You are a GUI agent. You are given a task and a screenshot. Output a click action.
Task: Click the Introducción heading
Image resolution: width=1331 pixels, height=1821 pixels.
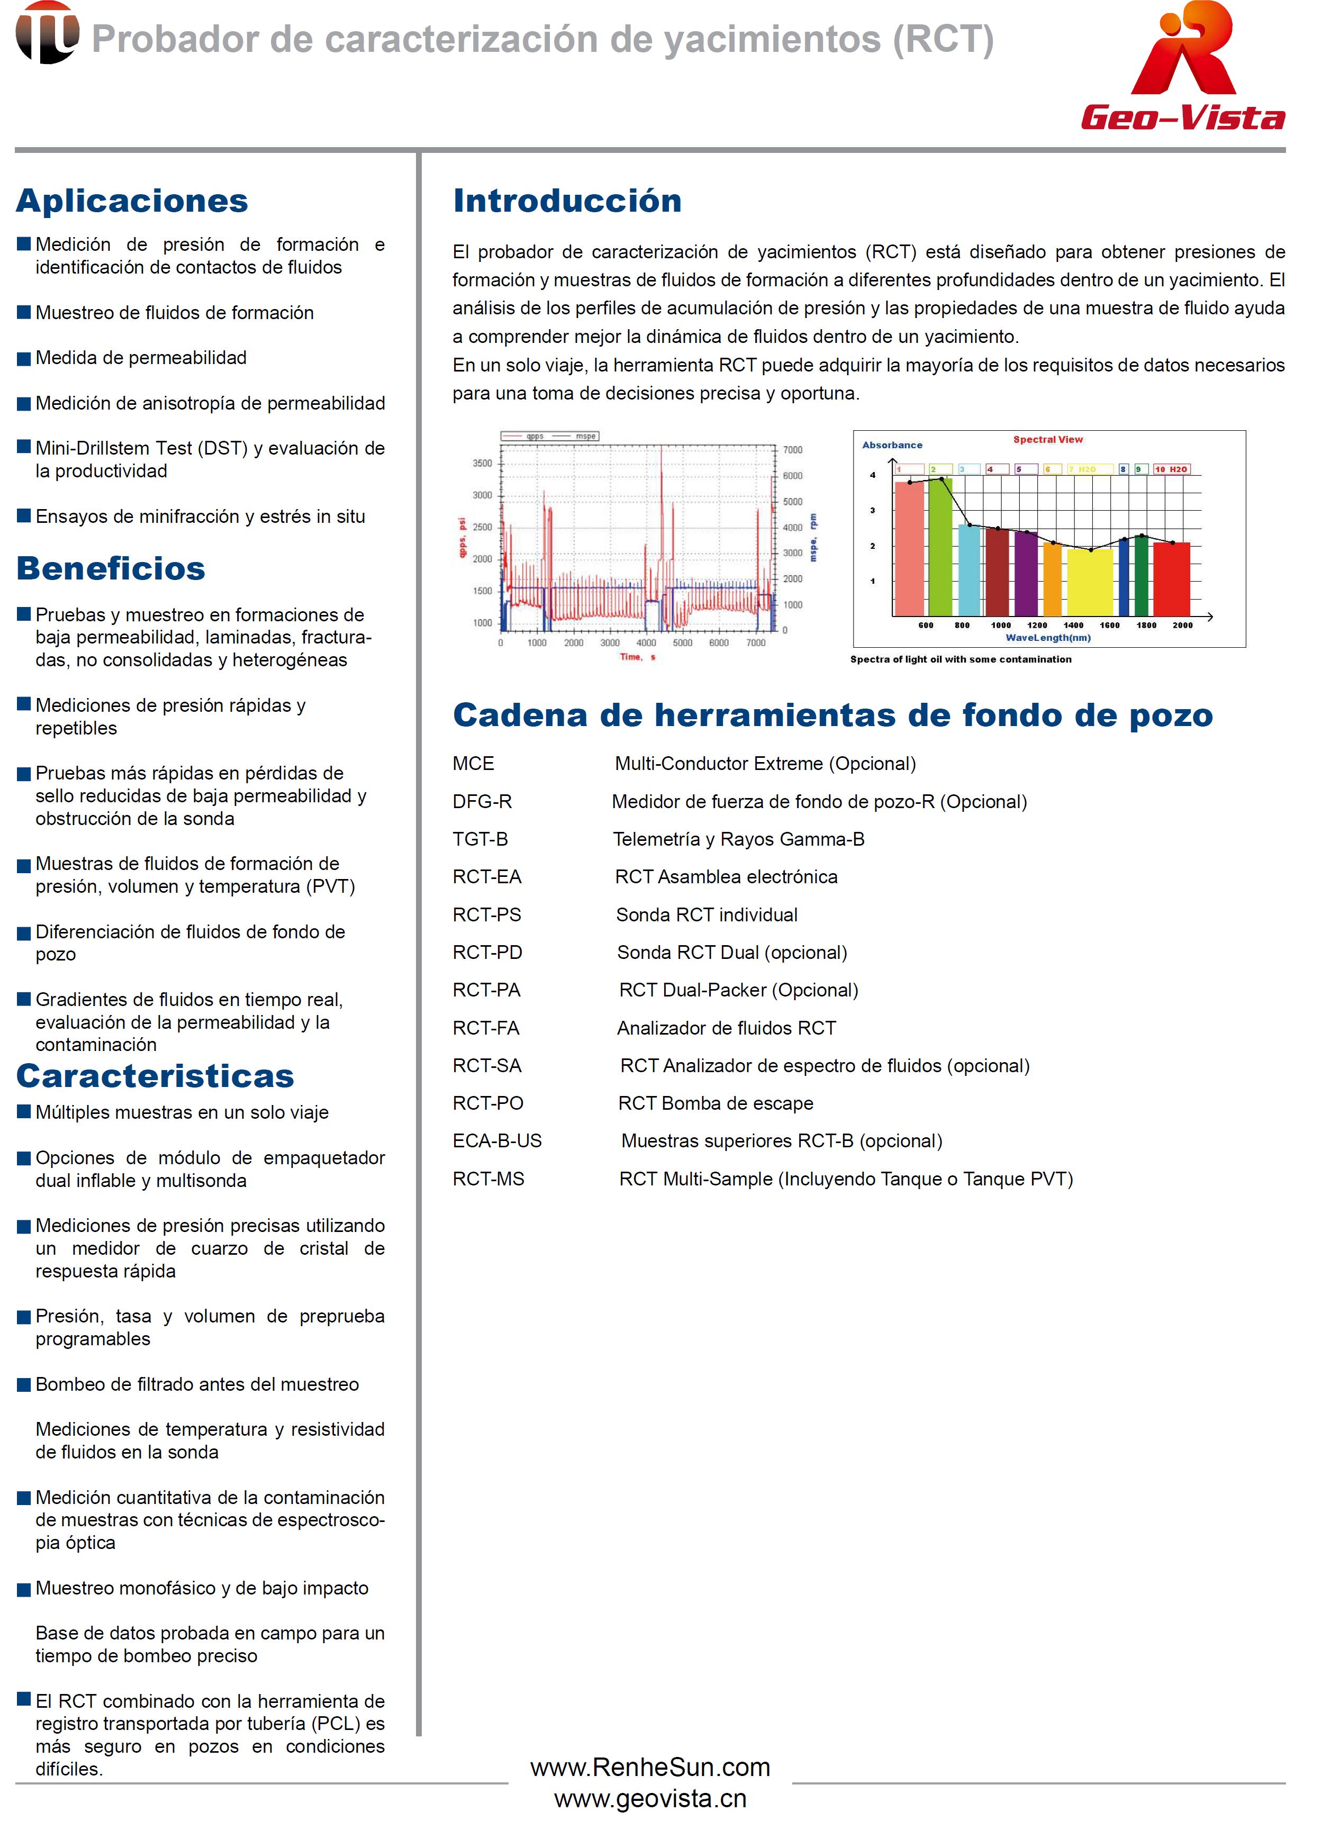tap(567, 201)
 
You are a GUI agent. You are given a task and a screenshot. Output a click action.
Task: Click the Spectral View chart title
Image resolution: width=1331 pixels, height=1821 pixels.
tap(1047, 440)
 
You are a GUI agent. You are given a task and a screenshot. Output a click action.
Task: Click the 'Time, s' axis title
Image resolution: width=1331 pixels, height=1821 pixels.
tap(637, 657)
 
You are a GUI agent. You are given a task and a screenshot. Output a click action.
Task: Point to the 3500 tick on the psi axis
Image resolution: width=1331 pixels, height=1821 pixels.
tap(482, 463)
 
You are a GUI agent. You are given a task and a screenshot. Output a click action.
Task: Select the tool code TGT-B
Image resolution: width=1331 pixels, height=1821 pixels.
tap(480, 840)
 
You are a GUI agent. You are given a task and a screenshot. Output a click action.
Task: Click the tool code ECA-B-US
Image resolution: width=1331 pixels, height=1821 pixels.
tap(497, 1141)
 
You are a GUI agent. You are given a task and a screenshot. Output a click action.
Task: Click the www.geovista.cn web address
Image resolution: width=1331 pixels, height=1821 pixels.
tap(650, 1798)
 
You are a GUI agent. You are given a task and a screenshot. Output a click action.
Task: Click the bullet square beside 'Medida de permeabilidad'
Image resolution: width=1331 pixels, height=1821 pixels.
tap(24, 359)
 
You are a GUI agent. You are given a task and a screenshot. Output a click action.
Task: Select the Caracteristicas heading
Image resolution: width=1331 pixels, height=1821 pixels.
tap(156, 1076)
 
